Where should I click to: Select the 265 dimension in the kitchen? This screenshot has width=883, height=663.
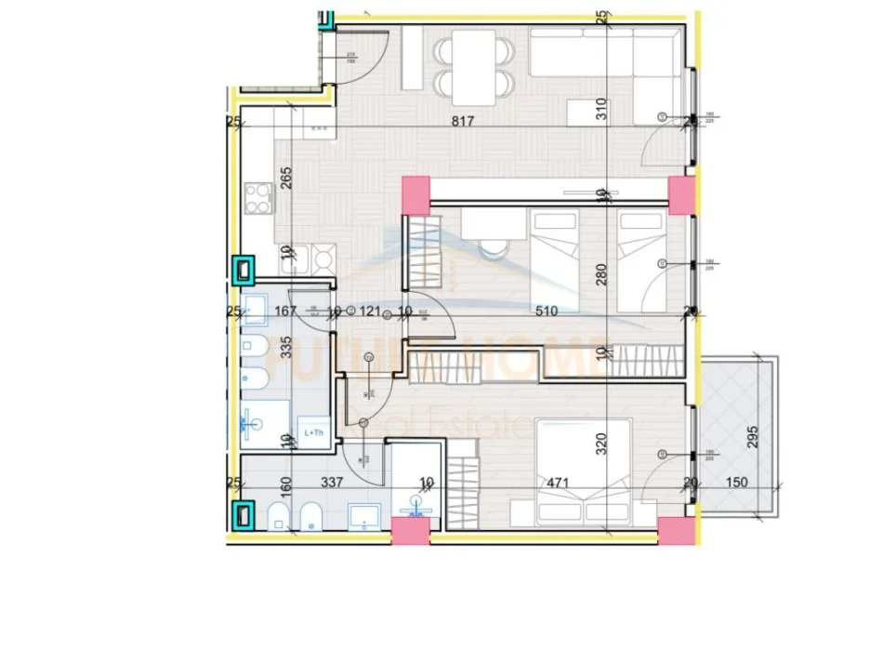[x=286, y=178]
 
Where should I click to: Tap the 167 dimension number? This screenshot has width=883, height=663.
[x=284, y=311]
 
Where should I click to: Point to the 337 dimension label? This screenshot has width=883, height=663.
[x=332, y=483]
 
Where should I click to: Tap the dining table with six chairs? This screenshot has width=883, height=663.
[x=474, y=66]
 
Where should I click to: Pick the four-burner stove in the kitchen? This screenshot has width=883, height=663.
[x=257, y=196]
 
